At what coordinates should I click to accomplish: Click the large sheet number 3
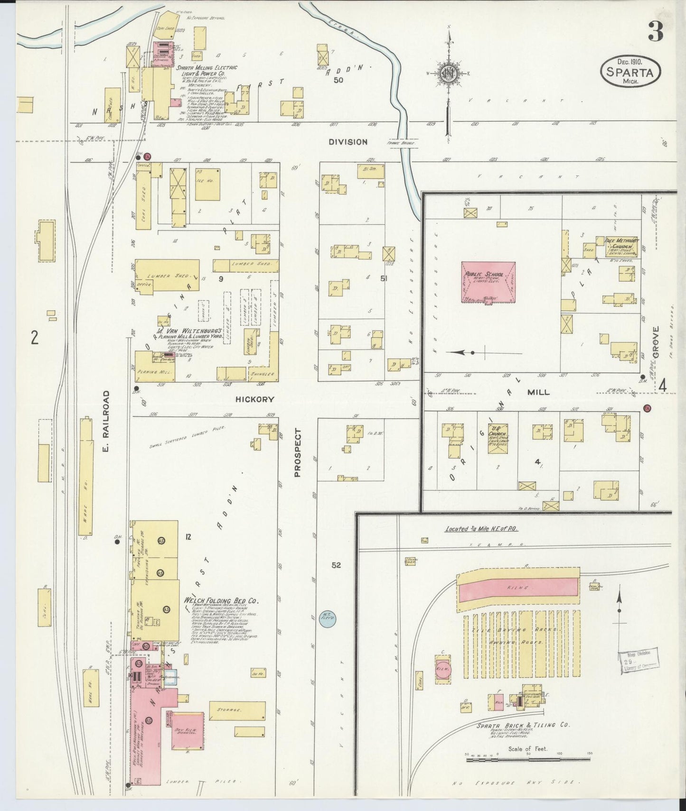click(655, 32)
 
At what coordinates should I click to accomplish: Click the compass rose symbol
click(448, 73)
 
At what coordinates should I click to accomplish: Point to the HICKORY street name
click(255, 399)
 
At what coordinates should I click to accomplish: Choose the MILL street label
click(538, 392)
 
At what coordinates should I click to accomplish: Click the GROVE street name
click(656, 342)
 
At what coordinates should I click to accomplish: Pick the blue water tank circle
click(328, 618)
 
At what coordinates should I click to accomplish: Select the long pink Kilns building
click(518, 587)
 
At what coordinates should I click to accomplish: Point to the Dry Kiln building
click(188, 730)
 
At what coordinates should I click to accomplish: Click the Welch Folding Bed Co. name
click(221, 600)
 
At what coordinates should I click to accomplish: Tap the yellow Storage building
click(237, 710)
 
